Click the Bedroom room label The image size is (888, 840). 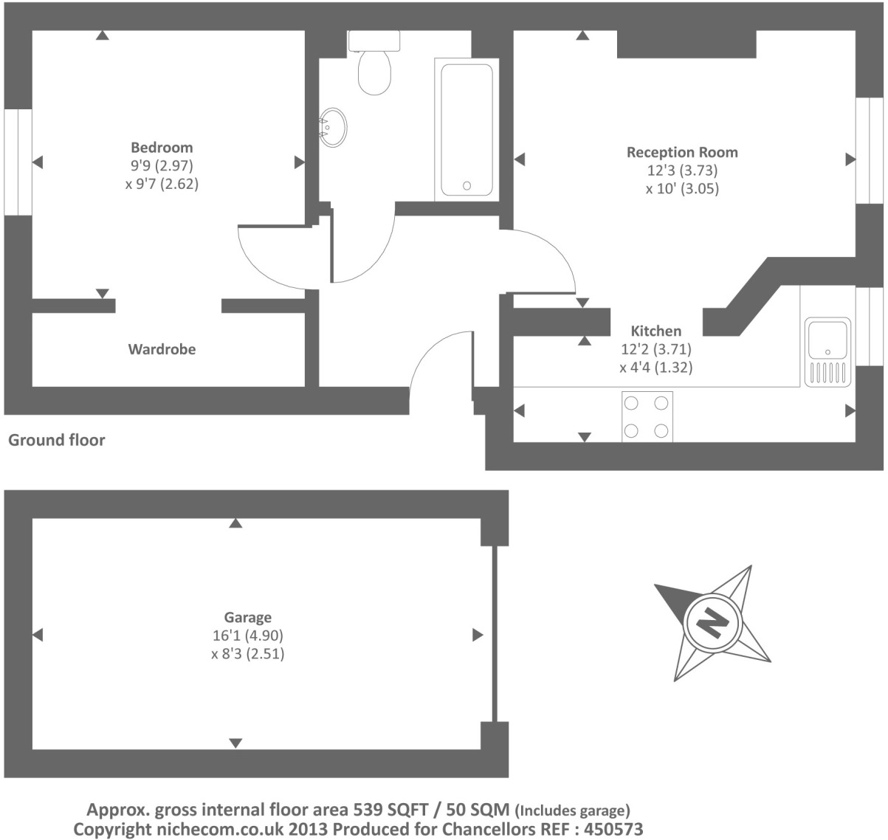[x=162, y=148]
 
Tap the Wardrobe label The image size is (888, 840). [x=162, y=349]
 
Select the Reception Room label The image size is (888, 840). [x=682, y=152]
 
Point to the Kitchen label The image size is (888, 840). [x=655, y=331]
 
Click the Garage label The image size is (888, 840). [x=247, y=617]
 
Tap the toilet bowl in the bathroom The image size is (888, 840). [x=374, y=72]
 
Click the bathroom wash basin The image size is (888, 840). [x=334, y=128]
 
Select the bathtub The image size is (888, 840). [x=467, y=130]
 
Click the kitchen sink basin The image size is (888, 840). [x=827, y=339]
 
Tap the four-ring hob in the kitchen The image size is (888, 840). [x=647, y=416]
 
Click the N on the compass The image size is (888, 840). [x=713, y=624]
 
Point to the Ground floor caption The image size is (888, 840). [x=56, y=440]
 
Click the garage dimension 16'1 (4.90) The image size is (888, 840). [x=247, y=636]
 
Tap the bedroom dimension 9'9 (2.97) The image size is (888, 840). [x=162, y=166]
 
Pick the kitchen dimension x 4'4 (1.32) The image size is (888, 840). [x=655, y=368]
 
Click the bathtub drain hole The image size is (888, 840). [x=467, y=185]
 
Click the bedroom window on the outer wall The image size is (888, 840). [x=18, y=162]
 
